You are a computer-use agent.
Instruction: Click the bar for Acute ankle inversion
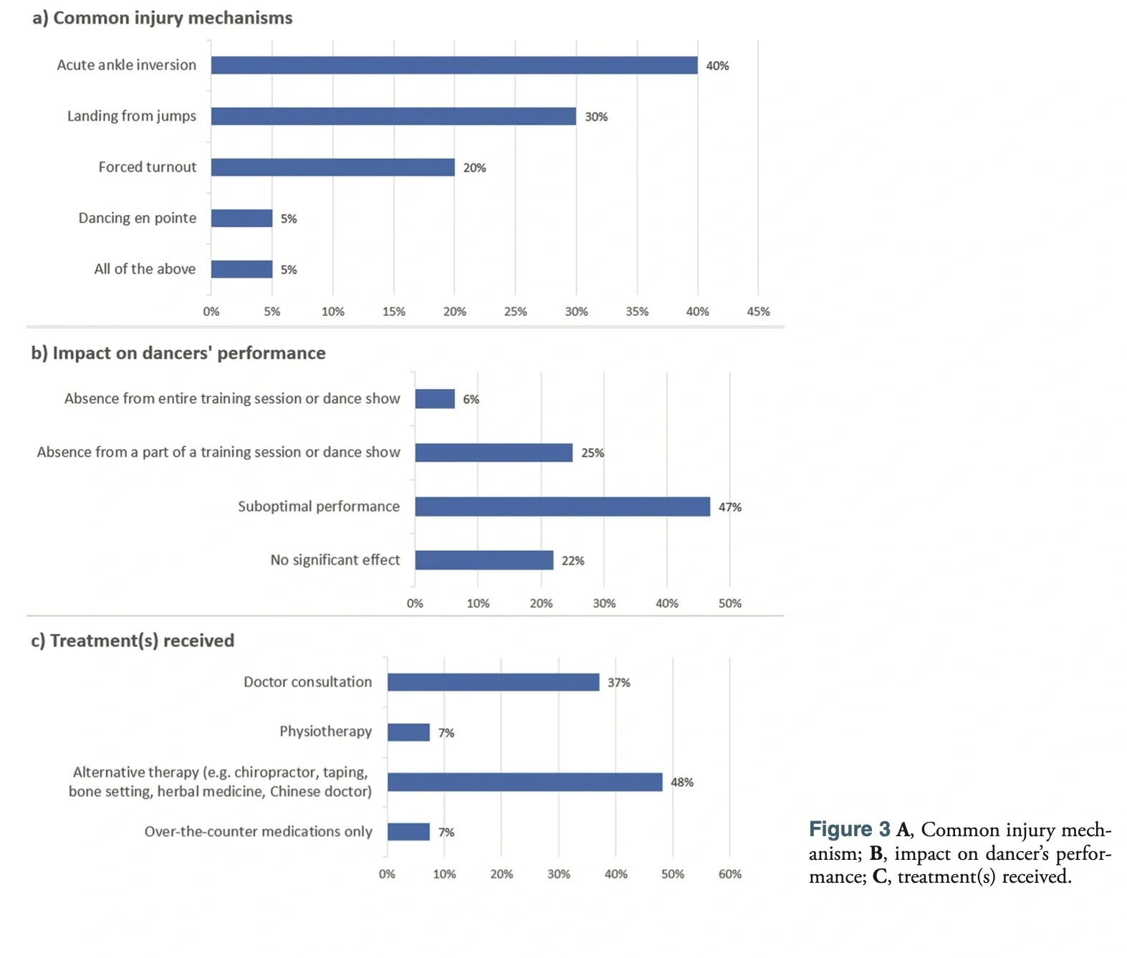coord(454,65)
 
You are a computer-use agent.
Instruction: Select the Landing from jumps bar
coord(393,116)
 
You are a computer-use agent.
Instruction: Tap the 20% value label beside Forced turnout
coord(474,168)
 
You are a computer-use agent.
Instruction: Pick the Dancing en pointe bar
coord(241,218)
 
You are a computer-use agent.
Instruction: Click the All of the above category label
coord(145,269)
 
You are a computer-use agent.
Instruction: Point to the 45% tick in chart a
coord(758,312)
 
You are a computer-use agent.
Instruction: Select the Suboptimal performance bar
coord(562,507)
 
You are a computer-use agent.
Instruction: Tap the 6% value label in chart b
coord(471,399)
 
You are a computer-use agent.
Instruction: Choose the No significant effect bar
coord(484,560)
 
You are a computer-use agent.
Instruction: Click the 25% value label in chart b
coord(592,453)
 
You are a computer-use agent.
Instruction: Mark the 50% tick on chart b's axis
coord(729,603)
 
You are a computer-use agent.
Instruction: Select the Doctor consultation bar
coord(494,682)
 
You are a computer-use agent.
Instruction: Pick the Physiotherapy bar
coord(408,732)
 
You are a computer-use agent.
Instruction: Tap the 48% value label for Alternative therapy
coord(681,782)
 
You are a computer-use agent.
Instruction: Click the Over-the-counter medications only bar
coord(408,831)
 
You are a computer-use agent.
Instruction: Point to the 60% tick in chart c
coord(729,874)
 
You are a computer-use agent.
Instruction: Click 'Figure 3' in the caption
coord(849,829)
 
